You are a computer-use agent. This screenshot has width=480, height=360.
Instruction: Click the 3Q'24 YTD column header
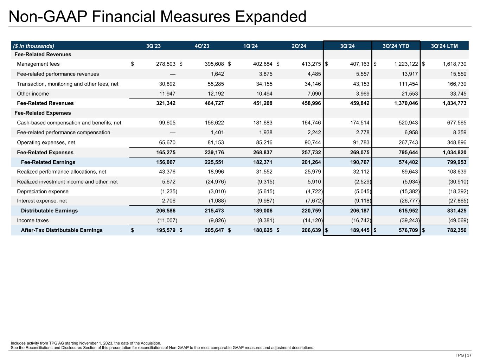pos(396,46)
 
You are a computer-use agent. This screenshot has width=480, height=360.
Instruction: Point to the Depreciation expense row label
pos(43,192)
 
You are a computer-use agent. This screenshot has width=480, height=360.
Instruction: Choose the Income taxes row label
pos(33,220)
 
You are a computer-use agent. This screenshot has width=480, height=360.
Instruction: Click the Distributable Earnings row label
pos(49,211)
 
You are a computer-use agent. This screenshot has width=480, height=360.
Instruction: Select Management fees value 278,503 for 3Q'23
pos(165,64)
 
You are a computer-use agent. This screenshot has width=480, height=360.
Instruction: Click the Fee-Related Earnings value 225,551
pos(214,162)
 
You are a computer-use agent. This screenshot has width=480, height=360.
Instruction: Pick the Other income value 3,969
pos(361,94)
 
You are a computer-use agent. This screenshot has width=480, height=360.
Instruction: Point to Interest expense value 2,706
pos(168,201)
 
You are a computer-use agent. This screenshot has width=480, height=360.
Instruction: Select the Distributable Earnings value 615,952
pos(408,211)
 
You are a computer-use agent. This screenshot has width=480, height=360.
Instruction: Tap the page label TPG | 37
pos(463,355)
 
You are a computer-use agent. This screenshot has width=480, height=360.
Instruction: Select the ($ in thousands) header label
pos(34,46)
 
